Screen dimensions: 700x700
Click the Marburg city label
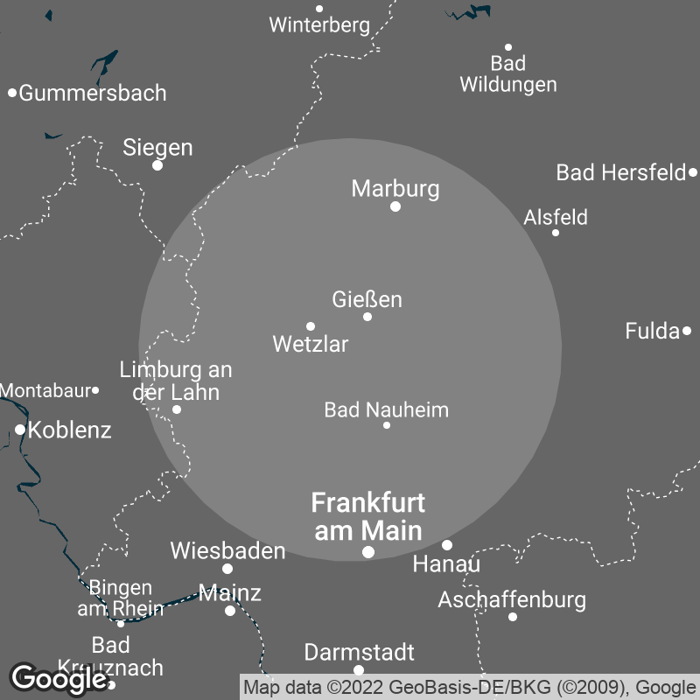pos(395,188)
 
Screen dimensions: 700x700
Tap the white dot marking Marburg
pos(395,206)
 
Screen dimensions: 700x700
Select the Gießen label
pos(367,299)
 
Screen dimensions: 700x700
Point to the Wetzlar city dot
pos(311,326)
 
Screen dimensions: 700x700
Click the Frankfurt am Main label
pos(368,516)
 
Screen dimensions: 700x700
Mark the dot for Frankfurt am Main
pos(368,552)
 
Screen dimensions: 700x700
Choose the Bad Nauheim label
pos(386,409)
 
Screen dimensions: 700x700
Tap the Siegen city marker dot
pos(157,165)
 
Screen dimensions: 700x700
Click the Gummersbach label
pos(93,93)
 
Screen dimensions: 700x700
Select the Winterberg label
pos(319,24)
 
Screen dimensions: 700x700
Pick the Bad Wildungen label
pos(508,73)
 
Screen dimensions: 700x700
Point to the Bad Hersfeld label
pos(621,172)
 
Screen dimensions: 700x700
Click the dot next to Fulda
pos(687,331)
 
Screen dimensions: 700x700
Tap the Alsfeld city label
pos(556,217)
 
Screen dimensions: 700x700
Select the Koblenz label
pos(70,430)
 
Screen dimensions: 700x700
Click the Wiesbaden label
pos(227,550)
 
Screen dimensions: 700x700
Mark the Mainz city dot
pos(230,611)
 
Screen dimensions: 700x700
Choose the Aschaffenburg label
pos(512,600)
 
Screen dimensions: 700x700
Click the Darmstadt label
pos(360,653)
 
